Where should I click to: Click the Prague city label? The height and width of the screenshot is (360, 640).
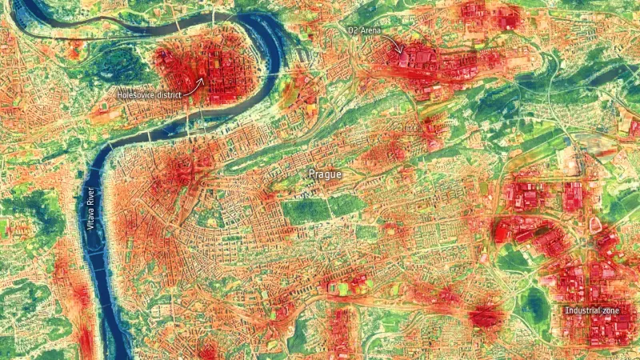tap(326, 174)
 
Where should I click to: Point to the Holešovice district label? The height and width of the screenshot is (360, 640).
tap(150, 94)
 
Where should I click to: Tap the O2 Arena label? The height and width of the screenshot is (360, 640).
tap(365, 30)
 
